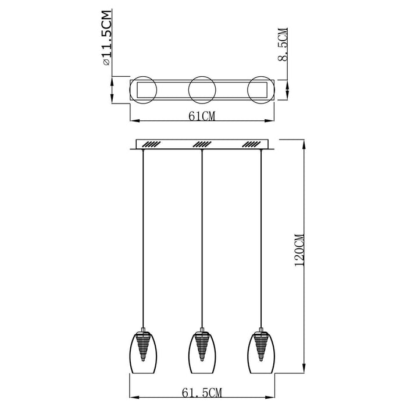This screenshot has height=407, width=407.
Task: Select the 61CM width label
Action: [202, 116]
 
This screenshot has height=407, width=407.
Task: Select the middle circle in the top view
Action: [201, 90]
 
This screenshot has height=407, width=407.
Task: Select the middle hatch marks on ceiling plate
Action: [201, 144]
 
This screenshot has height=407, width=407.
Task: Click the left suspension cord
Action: [142, 233]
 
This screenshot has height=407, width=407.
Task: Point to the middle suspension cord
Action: [202, 233]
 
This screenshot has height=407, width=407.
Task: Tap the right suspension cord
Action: [261, 233]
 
